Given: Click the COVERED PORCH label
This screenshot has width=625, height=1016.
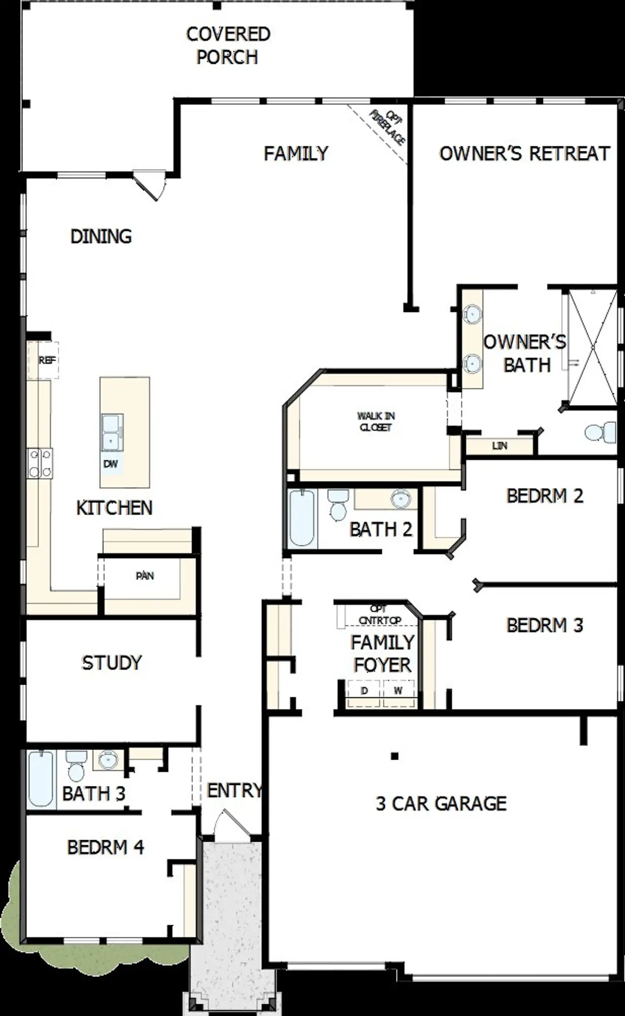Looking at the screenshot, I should [228, 45].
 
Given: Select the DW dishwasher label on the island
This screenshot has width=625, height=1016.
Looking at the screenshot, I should [111, 464].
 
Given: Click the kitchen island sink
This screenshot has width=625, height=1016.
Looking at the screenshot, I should [112, 433].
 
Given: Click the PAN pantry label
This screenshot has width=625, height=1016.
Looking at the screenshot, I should [145, 576].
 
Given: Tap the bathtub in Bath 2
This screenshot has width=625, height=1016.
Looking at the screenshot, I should [301, 518].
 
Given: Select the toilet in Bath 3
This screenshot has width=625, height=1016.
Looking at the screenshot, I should [76, 767].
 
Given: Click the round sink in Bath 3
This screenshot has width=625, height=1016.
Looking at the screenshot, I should [108, 760].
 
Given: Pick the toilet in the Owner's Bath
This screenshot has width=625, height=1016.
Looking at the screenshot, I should [599, 432].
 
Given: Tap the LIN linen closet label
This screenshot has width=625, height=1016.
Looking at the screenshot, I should [500, 446].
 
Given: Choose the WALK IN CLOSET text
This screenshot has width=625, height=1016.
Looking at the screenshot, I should [375, 421].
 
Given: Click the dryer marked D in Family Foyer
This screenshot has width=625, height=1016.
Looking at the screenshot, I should [364, 691].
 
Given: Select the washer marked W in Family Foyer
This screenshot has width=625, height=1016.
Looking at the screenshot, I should [398, 691].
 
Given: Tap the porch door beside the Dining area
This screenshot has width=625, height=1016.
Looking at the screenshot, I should [149, 185].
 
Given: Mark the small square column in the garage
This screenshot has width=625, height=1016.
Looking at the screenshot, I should [395, 756].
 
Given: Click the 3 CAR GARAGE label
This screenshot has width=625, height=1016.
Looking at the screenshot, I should [441, 804].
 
